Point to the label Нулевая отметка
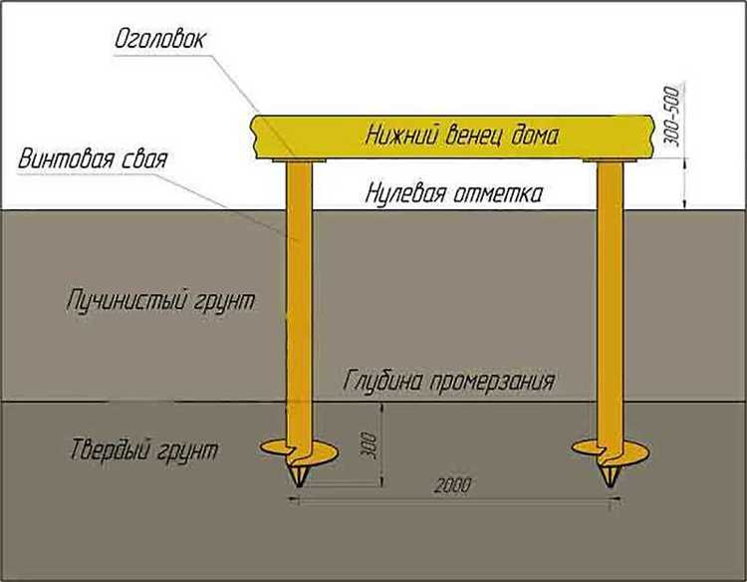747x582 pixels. pyautogui.click(x=454, y=192)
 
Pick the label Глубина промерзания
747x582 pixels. pyautogui.click(x=449, y=381)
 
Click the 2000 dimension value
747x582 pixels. pyautogui.click(x=452, y=485)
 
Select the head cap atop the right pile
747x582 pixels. pyautogui.click(x=610, y=159)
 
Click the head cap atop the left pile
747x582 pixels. pyautogui.click(x=297, y=159)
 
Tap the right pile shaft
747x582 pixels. pyautogui.click(x=610, y=299)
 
